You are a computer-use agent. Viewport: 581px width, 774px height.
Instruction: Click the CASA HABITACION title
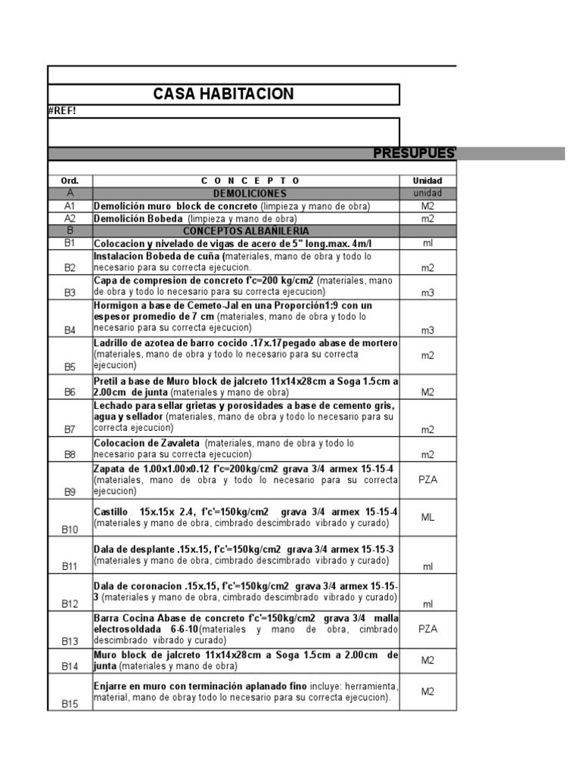pos(223,94)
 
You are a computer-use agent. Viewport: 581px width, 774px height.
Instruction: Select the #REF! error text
pos(61,111)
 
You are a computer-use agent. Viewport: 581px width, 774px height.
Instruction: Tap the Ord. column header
pos(70,181)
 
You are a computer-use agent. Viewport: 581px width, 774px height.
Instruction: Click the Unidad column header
pos(427,181)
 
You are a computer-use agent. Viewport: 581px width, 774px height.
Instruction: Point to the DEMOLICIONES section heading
pos(246,193)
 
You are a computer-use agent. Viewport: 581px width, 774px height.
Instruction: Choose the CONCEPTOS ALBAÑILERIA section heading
pos(246,231)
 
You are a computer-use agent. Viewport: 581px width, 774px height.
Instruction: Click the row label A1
pos(70,206)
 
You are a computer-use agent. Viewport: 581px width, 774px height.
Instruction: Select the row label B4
pos(70,330)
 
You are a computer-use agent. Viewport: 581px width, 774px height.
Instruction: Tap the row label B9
pos(70,491)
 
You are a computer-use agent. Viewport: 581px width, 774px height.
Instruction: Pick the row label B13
pos(70,641)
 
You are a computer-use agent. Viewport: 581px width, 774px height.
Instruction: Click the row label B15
pos(70,703)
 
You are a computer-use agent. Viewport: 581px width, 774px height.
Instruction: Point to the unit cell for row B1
pos(427,243)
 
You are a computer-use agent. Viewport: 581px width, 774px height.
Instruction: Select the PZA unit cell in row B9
pos(427,479)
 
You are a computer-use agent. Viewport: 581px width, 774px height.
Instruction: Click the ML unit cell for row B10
pos(427,517)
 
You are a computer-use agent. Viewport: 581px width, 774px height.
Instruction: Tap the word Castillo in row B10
pos(110,512)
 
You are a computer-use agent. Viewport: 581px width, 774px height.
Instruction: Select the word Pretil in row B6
pos(105,381)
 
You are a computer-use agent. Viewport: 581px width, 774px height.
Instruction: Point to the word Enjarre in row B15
pos(111,686)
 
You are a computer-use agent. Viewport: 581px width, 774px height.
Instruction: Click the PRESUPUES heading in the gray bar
pos(415,154)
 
